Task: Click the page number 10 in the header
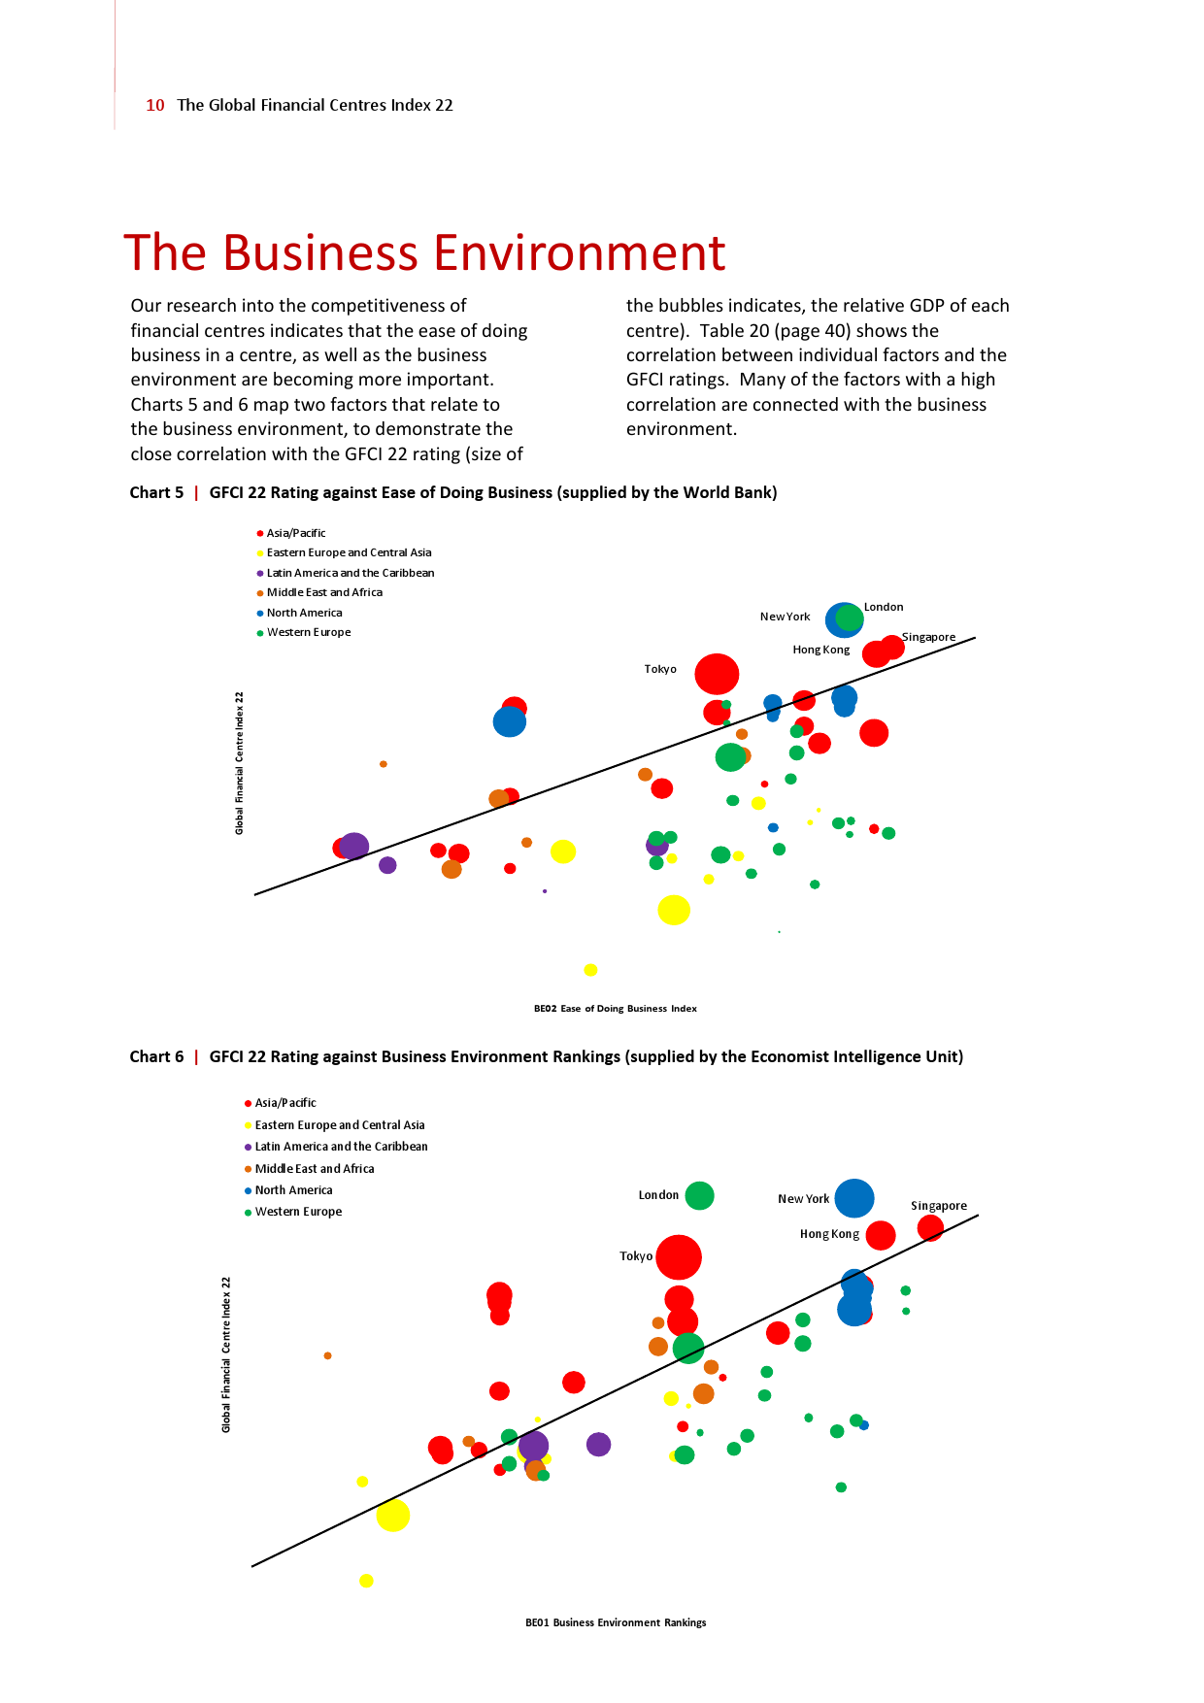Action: (x=155, y=105)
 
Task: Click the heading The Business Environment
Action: (x=424, y=252)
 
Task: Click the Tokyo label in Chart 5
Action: (x=660, y=669)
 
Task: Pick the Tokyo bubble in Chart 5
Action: (x=717, y=674)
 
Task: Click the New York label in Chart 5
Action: (x=785, y=617)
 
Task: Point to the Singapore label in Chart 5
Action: (x=928, y=637)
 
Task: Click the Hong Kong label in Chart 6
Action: (x=829, y=1234)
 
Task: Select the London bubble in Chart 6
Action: (x=699, y=1195)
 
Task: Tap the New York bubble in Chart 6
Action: (x=853, y=1198)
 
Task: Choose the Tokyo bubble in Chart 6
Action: (x=679, y=1257)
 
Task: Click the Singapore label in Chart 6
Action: (x=938, y=1206)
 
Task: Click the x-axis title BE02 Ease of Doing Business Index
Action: (x=616, y=1009)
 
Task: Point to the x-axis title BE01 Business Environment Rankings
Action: (x=616, y=1622)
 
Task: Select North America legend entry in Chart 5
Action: (x=304, y=613)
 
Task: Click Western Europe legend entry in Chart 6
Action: (x=298, y=1212)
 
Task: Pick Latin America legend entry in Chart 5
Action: (x=350, y=573)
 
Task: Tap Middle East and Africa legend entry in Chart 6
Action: (x=314, y=1169)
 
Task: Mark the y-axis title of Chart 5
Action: (x=239, y=762)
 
